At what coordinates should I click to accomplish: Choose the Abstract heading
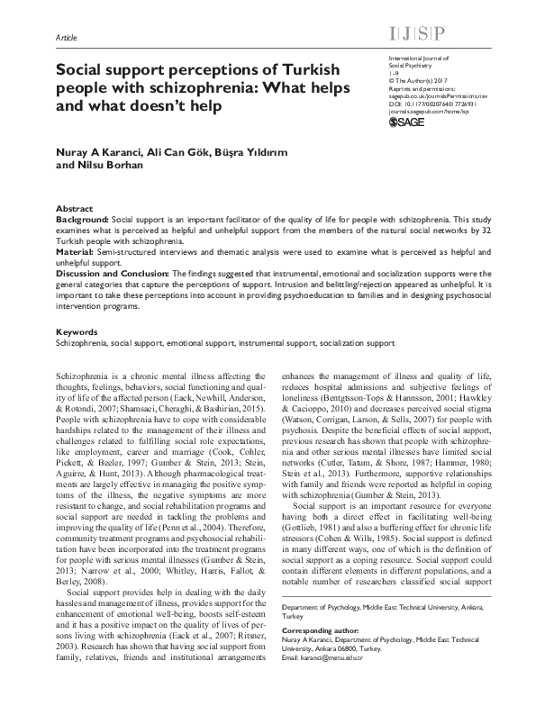pyautogui.click(x=74, y=206)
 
